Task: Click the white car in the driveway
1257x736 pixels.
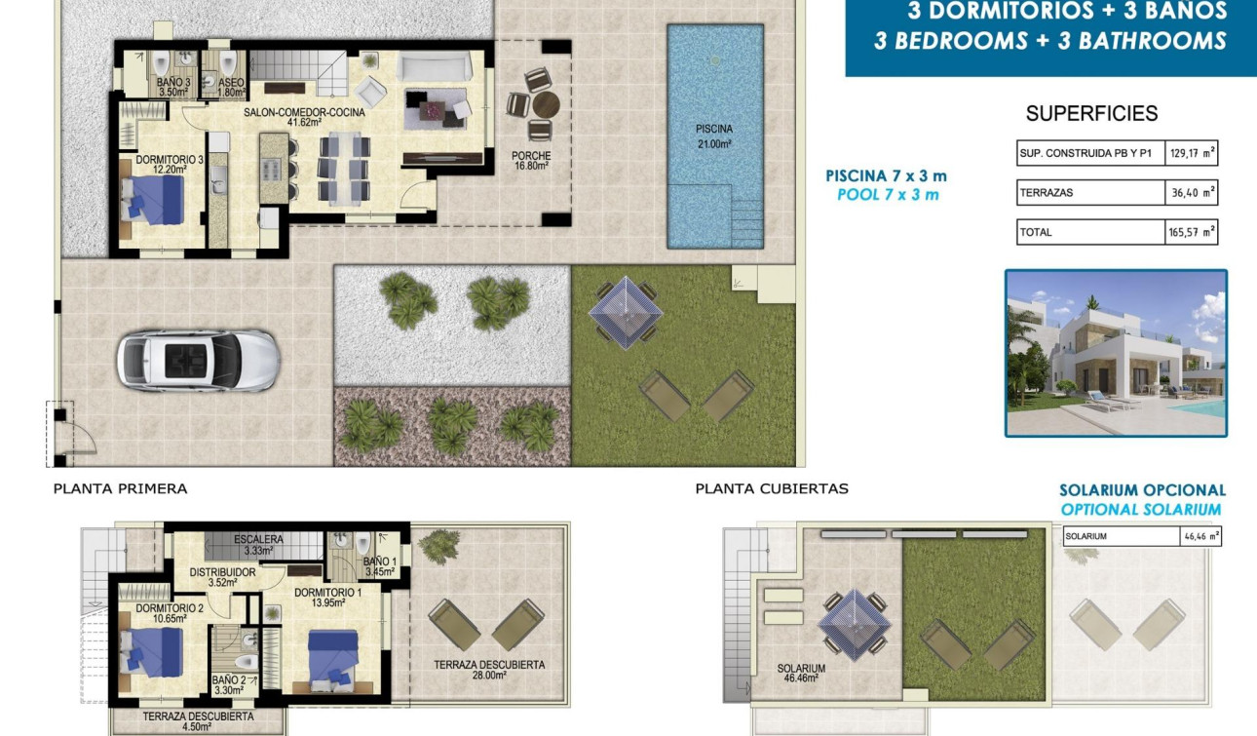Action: click(x=198, y=360)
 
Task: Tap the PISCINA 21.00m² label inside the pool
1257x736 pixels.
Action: click(x=713, y=136)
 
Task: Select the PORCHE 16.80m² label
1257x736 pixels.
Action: click(x=531, y=161)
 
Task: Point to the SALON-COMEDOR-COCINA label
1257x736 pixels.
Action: click(x=304, y=117)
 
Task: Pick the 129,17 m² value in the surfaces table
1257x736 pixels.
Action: click(x=1192, y=153)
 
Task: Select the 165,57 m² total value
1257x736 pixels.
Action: click(x=1192, y=232)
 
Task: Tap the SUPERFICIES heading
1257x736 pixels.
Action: click(x=1091, y=114)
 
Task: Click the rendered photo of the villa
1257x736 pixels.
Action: click(x=1116, y=353)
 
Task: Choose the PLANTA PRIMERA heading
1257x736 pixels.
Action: click(x=120, y=489)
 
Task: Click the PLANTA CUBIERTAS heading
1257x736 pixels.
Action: click(x=771, y=489)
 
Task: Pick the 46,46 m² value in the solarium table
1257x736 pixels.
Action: click(x=1200, y=536)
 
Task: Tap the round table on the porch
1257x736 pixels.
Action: click(x=545, y=104)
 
